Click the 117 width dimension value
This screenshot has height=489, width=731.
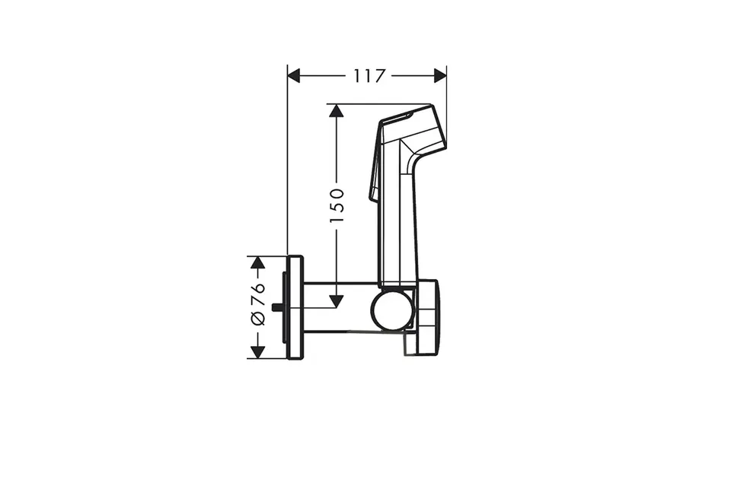pos(369,76)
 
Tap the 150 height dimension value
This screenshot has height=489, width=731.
pos(337,205)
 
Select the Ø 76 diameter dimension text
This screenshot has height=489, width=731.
pos(258,303)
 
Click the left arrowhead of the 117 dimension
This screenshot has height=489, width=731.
pos(293,75)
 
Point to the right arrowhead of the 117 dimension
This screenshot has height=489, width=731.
pos(440,75)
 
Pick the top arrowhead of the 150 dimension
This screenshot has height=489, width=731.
pos(336,111)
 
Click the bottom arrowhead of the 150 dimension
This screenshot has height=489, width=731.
pos(336,302)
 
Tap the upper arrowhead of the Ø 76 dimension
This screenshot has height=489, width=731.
pos(258,262)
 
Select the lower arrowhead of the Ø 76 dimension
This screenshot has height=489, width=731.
pos(258,352)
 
